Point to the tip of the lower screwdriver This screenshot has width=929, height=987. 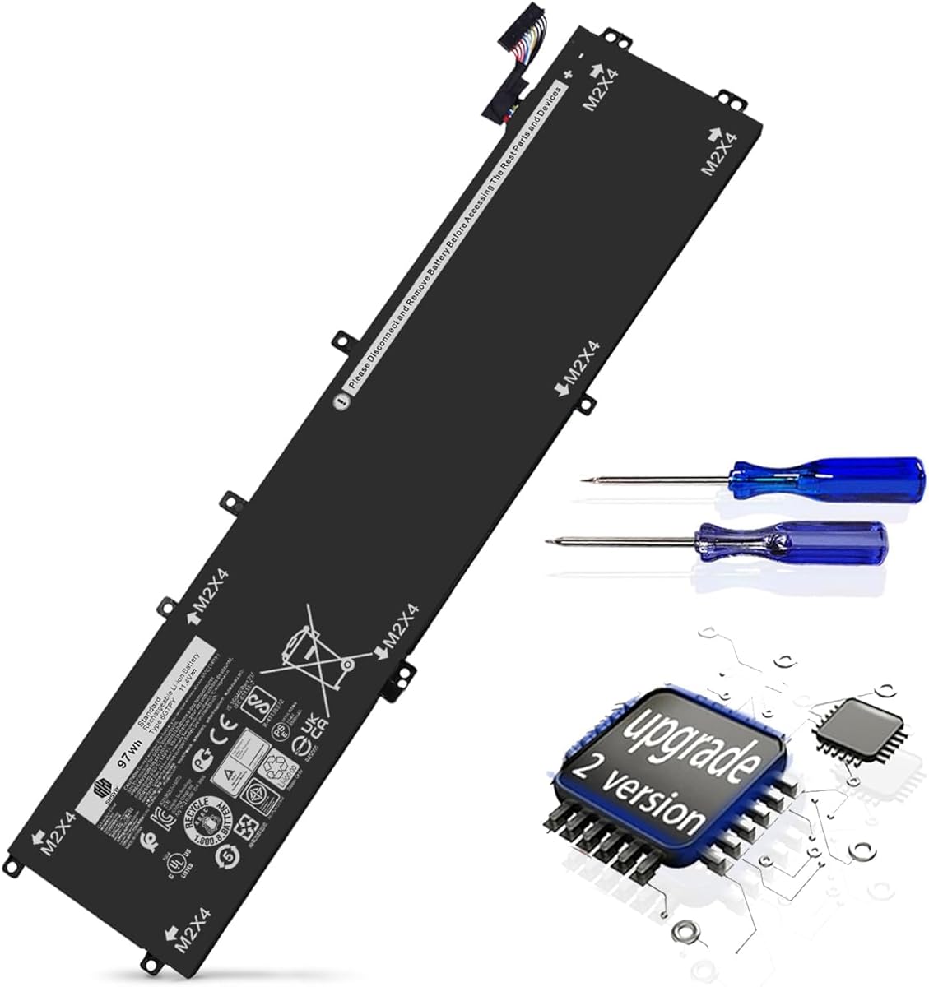point(549,541)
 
